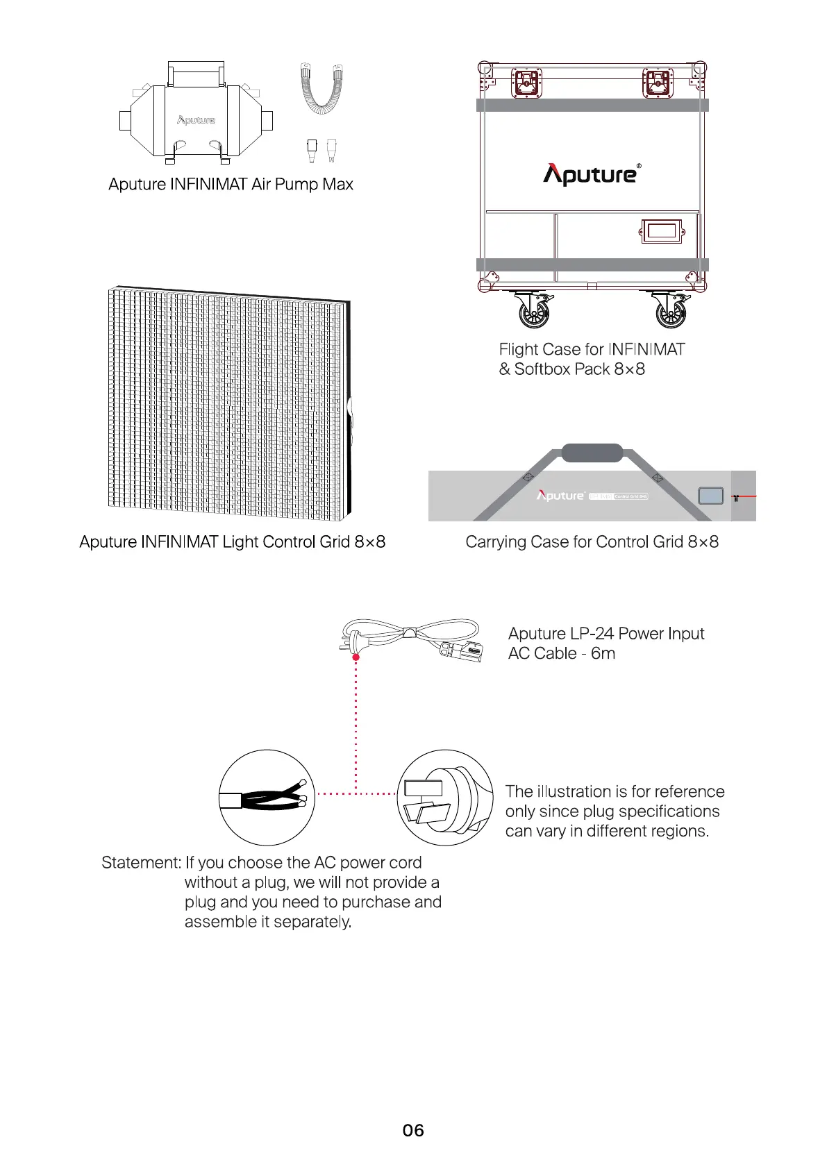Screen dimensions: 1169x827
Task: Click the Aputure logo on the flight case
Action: pos(592,174)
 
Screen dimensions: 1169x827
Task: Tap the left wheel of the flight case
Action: pos(534,311)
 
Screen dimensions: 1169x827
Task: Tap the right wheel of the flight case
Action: pos(671,311)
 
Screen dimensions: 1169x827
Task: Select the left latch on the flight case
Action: pos(526,83)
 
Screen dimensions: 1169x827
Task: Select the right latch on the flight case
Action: pos(657,83)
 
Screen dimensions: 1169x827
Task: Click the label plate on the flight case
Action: pos(661,231)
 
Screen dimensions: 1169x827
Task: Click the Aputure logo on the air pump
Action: pos(196,120)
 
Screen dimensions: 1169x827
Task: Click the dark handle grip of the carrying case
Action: pos(592,453)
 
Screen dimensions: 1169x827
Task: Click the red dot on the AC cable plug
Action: pos(356,656)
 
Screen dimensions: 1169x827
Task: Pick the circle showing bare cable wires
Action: pos(267,798)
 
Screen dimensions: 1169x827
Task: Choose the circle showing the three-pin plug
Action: pos(445,798)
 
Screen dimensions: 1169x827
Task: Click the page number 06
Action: pos(413,1130)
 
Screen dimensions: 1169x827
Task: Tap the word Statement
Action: pos(141,863)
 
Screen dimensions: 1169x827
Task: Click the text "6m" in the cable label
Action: pos(603,654)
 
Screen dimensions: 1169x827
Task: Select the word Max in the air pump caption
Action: pos(337,185)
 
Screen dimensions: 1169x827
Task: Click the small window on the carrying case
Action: pos(710,496)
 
